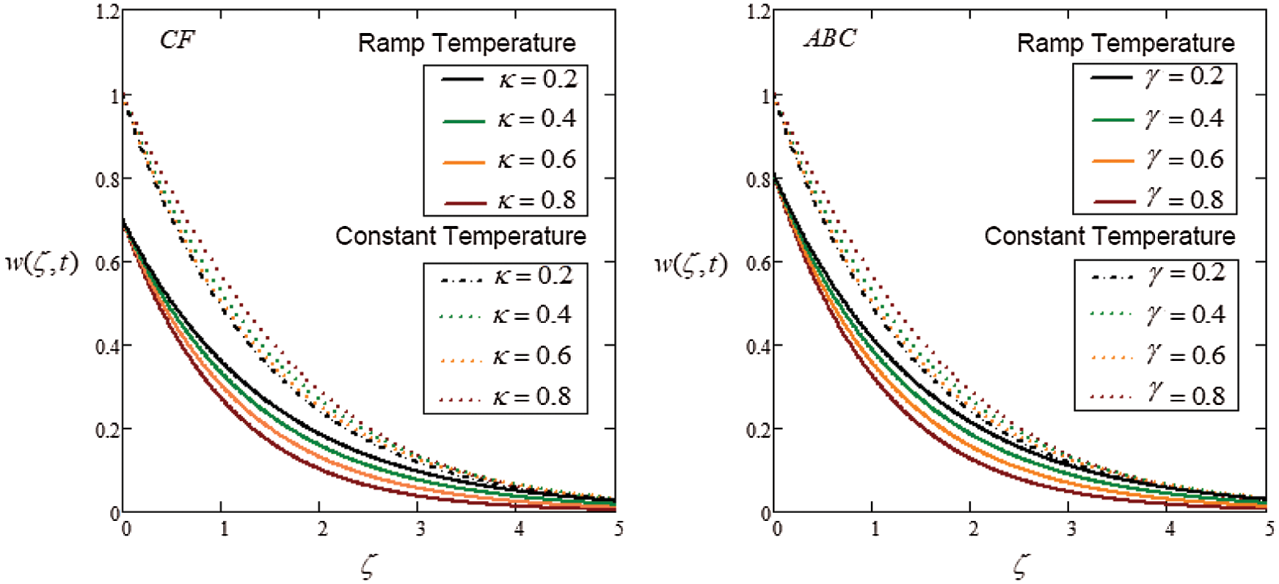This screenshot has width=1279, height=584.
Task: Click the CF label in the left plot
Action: pyautogui.click(x=177, y=40)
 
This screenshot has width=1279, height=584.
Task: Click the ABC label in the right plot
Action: pyautogui.click(x=829, y=38)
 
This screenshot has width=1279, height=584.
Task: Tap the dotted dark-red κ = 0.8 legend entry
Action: pyautogui.click(x=505, y=398)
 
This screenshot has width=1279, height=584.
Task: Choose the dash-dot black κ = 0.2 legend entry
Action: pyautogui.click(x=505, y=277)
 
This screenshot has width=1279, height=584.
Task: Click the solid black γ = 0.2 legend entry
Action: pyautogui.click(x=1156, y=77)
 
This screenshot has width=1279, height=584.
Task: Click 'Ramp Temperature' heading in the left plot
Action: pyautogui.click(x=467, y=43)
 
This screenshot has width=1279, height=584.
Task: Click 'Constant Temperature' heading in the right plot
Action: pyautogui.click(x=1109, y=236)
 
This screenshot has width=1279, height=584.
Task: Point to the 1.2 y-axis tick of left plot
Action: pyautogui.click(x=107, y=12)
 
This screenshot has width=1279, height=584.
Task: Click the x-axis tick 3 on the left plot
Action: pyautogui.click(x=420, y=529)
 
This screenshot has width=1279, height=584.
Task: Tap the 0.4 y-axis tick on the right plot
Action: pyautogui.click(x=759, y=346)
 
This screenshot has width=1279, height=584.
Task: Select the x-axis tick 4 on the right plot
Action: pyautogui.click(x=1170, y=529)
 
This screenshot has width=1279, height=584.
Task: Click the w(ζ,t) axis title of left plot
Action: pyautogui.click(x=42, y=263)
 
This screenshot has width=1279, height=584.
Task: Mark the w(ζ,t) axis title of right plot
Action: pyautogui.click(x=690, y=263)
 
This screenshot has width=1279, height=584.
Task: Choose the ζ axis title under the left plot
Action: pyautogui.click(x=368, y=566)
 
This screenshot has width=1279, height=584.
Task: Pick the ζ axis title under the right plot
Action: pyautogui.click(x=1020, y=566)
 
